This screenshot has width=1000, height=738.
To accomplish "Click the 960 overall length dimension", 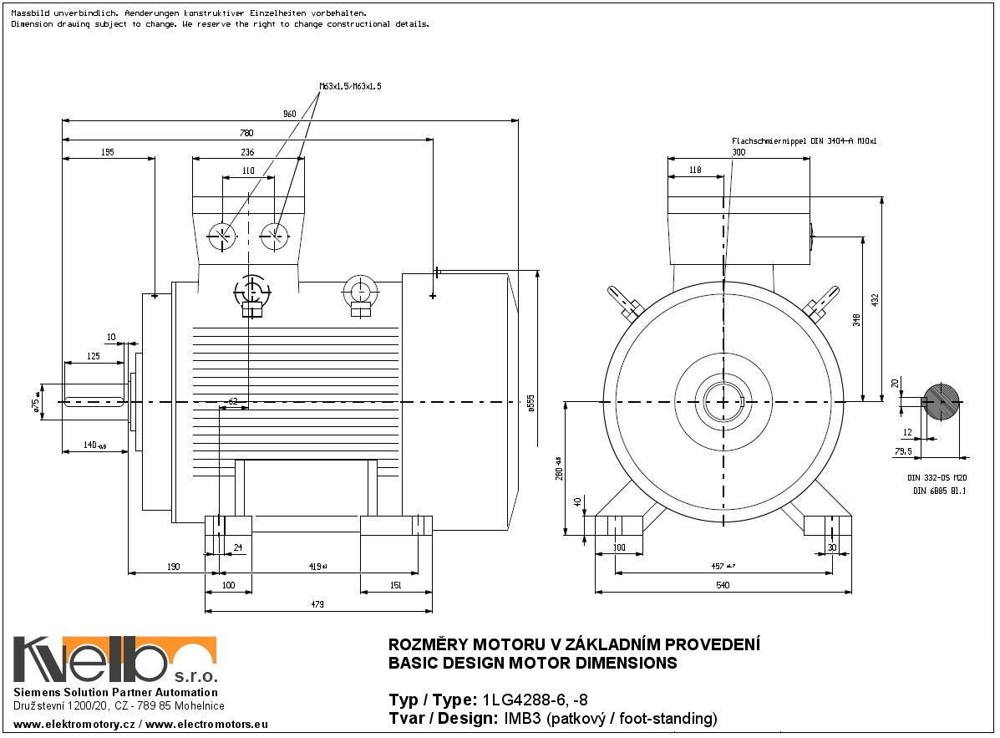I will click(289, 113).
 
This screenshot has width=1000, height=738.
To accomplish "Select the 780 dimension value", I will click(246, 133).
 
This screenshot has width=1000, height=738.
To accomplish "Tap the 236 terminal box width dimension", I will click(247, 152).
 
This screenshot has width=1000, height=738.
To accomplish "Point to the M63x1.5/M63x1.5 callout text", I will click(350, 86).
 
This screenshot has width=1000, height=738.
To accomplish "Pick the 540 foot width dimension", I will click(723, 585).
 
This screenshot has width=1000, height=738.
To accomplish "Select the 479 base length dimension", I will click(317, 604).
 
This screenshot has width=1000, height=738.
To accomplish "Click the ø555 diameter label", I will click(530, 404).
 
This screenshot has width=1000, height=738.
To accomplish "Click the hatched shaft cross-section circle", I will click(941, 402).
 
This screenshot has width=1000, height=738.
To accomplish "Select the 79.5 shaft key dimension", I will click(902, 451).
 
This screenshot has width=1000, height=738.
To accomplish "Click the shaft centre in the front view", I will click(723, 402).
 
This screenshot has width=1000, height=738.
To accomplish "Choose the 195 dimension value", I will click(108, 152).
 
